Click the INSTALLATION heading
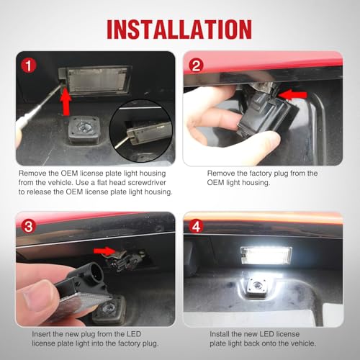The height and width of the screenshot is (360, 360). pos(179,30)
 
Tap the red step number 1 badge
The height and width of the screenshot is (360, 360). pos(29,66)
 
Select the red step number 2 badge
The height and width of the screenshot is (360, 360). pos(196,66)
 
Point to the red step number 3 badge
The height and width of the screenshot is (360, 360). pos(29,226)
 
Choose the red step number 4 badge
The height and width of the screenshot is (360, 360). pos(196,226)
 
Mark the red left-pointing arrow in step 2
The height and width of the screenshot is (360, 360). pos(293,95)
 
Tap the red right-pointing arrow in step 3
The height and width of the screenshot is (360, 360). pos(105,251)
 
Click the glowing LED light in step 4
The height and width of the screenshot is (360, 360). pos(266,255)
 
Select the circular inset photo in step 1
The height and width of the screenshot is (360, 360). pos(141,131)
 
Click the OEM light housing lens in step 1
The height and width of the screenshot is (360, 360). pos(98,81)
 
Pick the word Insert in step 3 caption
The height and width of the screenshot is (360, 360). pos(41,334)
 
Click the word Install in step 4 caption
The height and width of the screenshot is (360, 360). pos(219,334)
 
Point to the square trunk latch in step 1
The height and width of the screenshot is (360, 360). pos(84,130)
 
